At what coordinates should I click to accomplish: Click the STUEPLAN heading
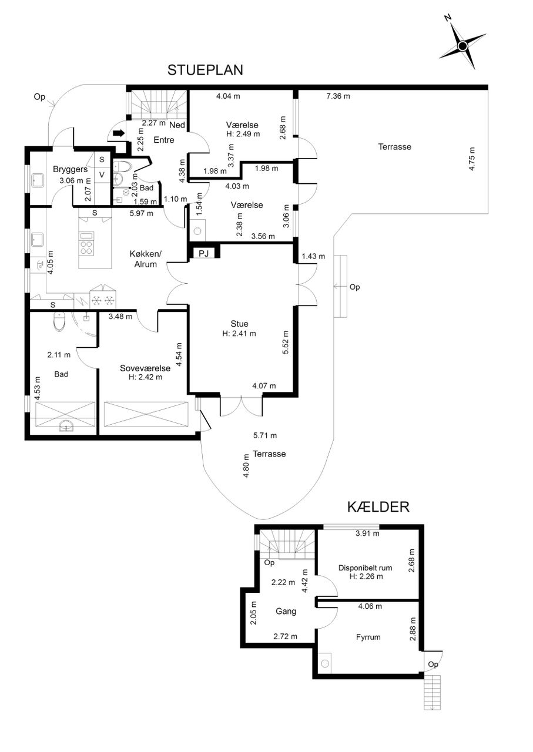tap(205, 70)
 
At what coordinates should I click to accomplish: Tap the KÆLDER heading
tap(378, 507)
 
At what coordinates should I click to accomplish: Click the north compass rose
tap(462, 46)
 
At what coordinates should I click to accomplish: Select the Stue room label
tap(239, 324)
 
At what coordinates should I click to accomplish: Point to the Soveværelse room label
tap(145, 368)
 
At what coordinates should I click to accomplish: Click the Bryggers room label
tap(70, 170)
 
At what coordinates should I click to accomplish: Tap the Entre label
tap(164, 140)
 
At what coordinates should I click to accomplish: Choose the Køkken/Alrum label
tap(145, 259)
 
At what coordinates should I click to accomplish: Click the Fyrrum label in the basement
tap(368, 637)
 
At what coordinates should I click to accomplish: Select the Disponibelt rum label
tap(366, 568)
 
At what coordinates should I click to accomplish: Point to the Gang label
tap(286, 612)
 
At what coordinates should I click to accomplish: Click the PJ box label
tap(204, 253)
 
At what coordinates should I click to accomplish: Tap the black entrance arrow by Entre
tap(119, 133)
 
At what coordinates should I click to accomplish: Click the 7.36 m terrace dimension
tap(338, 96)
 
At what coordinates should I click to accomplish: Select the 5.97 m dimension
tap(142, 213)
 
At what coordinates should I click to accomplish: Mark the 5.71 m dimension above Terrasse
tap(265, 435)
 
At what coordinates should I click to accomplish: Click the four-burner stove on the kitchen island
tap(86, 248)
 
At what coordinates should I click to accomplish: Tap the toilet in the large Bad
tap(59, 321)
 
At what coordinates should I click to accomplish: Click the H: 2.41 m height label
tap(239, 333)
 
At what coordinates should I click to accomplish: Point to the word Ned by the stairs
tap(177, 125)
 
